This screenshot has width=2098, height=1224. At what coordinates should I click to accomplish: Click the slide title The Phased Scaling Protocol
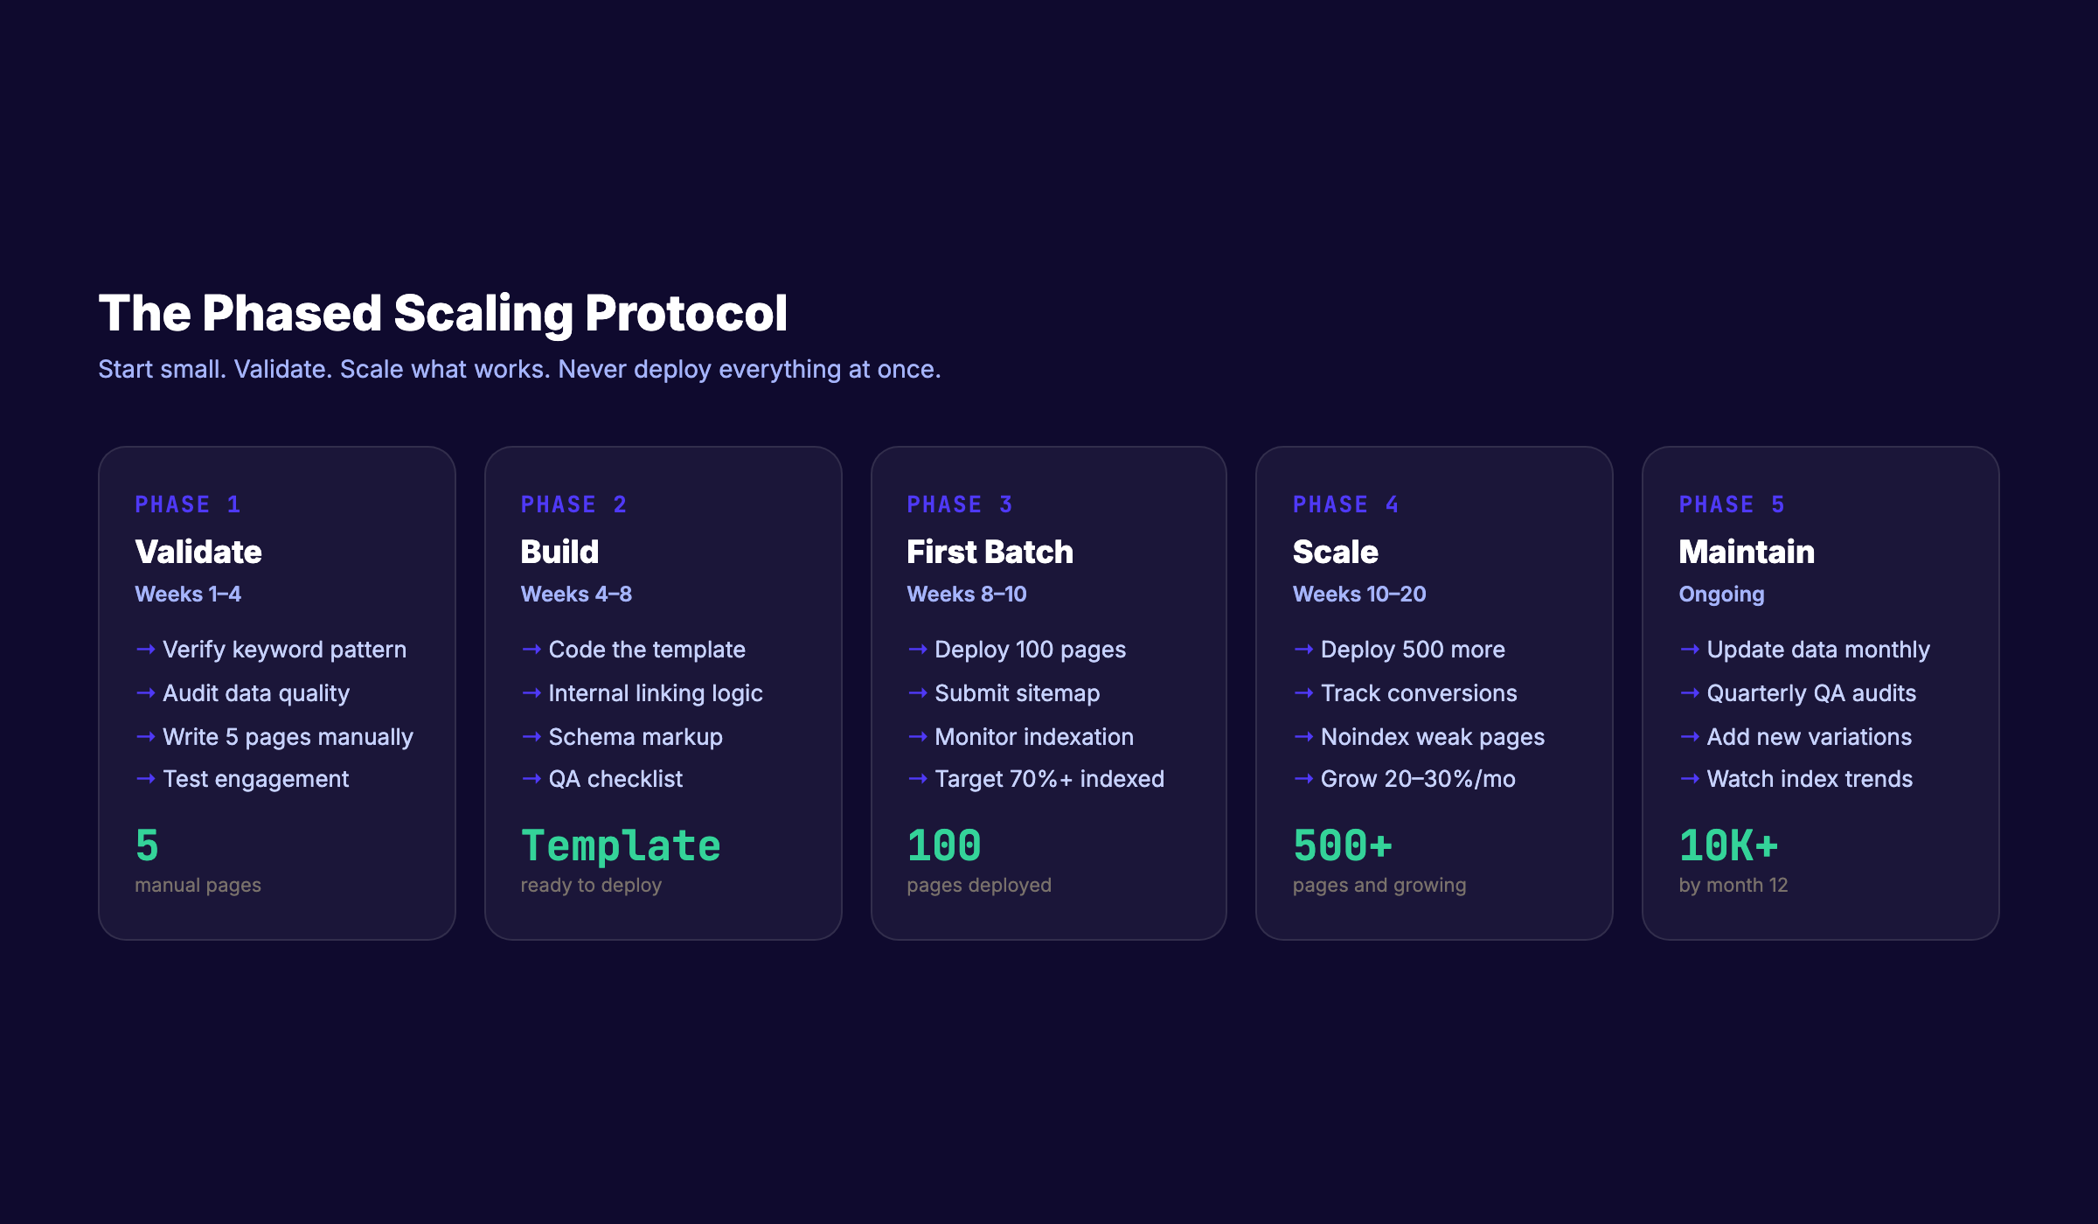click(442, 313)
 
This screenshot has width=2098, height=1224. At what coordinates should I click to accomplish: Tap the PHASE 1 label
click(187, 504)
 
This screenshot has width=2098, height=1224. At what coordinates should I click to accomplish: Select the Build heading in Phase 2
click(559, 552)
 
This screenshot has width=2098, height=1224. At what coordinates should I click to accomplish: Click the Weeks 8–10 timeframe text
click(966, 595)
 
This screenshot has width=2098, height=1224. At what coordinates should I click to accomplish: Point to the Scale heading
click(1335, 552)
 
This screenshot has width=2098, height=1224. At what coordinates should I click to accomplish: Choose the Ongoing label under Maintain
click(1721, 595)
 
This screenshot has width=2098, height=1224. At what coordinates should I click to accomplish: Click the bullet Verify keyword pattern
click(284, 650)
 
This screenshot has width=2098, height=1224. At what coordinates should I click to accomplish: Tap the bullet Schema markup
click(636, 737)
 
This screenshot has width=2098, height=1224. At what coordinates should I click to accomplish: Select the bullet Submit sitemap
click(1017, 693)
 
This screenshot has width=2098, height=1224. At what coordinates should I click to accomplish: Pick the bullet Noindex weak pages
click(1432, 737)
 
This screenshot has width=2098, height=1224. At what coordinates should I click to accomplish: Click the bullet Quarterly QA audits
click(1811, 693)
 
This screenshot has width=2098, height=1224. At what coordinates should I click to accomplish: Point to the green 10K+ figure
click(1728, 845)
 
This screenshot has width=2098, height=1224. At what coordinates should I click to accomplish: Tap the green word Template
click(621, 845)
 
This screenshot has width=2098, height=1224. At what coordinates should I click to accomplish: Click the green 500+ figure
click(1342, 845)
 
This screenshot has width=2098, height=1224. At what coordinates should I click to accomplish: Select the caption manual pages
click(198, 885)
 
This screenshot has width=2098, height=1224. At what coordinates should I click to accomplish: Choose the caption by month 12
click(1733, 885)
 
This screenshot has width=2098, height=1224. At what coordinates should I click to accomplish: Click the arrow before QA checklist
click(531, 778)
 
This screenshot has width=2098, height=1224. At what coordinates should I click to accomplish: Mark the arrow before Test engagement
click(145, 778)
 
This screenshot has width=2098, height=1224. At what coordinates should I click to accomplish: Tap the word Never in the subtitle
click(592, 369)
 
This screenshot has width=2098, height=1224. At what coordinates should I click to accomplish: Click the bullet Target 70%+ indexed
click(1049, 779)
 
